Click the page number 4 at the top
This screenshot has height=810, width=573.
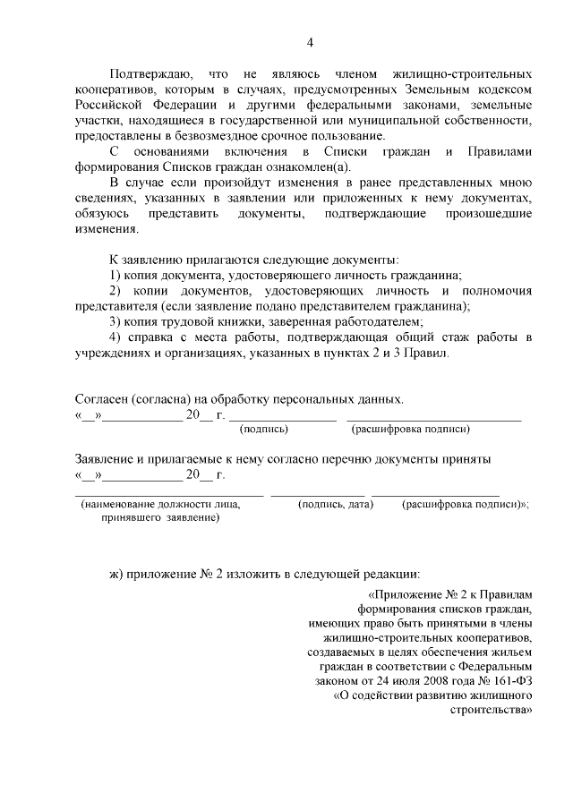pos(310,42)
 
